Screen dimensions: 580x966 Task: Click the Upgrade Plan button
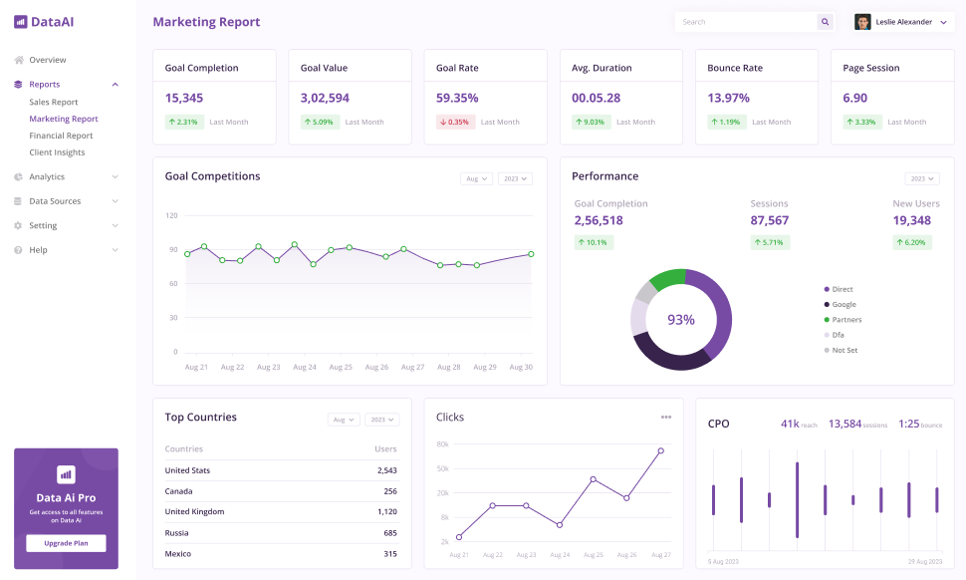point(66,543)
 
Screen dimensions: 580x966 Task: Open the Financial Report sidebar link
point(61,136)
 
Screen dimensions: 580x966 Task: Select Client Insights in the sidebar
point(57,152)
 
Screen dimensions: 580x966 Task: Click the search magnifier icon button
point(825,22)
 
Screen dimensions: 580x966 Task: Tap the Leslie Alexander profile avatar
point(862,22)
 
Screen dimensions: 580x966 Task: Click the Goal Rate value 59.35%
point(457,98)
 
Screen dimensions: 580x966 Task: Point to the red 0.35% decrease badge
point(454,122)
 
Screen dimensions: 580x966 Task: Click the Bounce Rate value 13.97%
point(728,98)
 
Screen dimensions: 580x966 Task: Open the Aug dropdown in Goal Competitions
point(476,179)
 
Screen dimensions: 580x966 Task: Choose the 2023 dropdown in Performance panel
point(921,179)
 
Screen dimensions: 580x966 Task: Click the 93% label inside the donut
point(681,320)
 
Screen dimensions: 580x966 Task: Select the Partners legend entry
point(845,320)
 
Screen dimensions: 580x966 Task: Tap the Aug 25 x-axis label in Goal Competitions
point(341,367)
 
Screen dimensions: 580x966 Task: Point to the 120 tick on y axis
point(171,215)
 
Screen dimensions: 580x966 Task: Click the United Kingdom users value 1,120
point(387,511)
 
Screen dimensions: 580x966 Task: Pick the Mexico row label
point(178,553)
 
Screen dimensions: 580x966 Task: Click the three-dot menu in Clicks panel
point(666,417)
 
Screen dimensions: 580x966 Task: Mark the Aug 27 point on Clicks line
point(660,450)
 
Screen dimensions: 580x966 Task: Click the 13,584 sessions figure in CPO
point(845,424)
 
